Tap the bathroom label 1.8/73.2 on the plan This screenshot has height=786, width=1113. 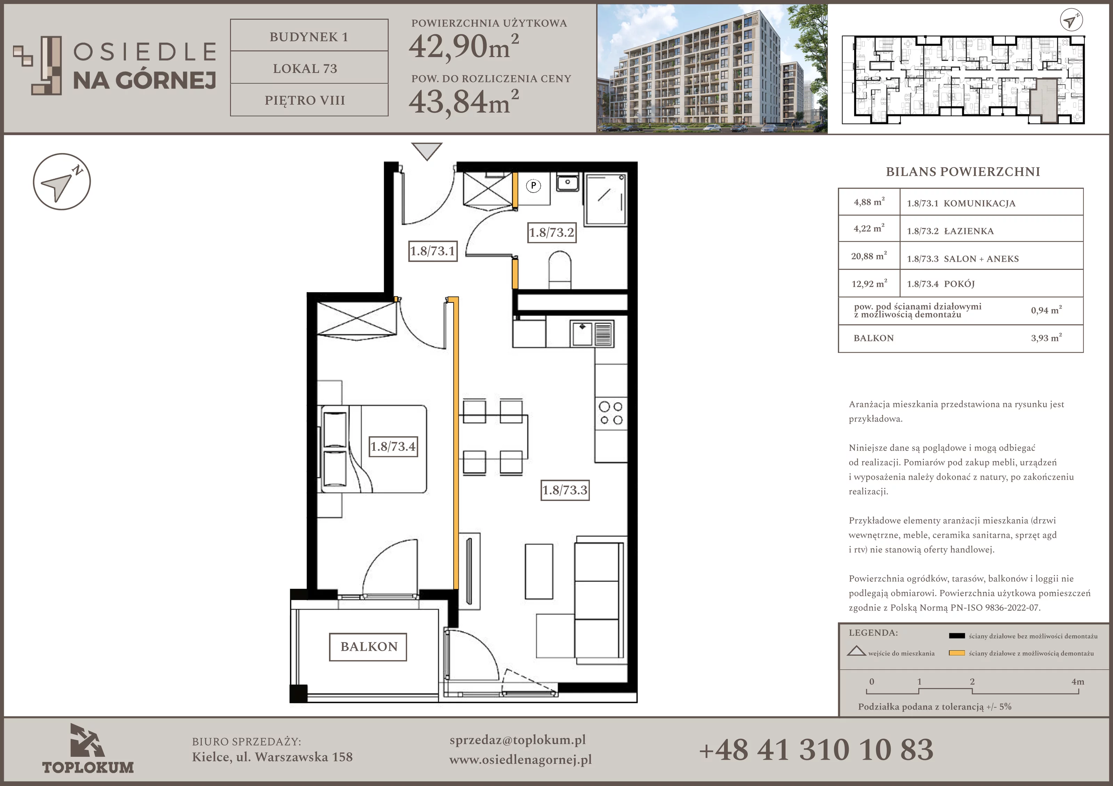[x=552, y=233]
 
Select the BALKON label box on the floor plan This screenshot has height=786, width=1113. [x=368, y=647]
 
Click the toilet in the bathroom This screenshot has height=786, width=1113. [x=560, y=269]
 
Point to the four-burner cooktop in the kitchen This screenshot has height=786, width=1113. [x=611, y=413]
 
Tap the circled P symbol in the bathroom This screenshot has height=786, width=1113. [x=533, y=186]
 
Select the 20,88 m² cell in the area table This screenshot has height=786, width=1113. [x=869, y=256]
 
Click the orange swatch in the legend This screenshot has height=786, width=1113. [x=956, y=653]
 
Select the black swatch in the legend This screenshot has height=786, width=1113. [x=956, y=636]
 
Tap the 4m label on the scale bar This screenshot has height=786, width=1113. [x=1078, y=682]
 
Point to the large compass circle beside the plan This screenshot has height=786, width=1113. [x=62, y=182]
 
